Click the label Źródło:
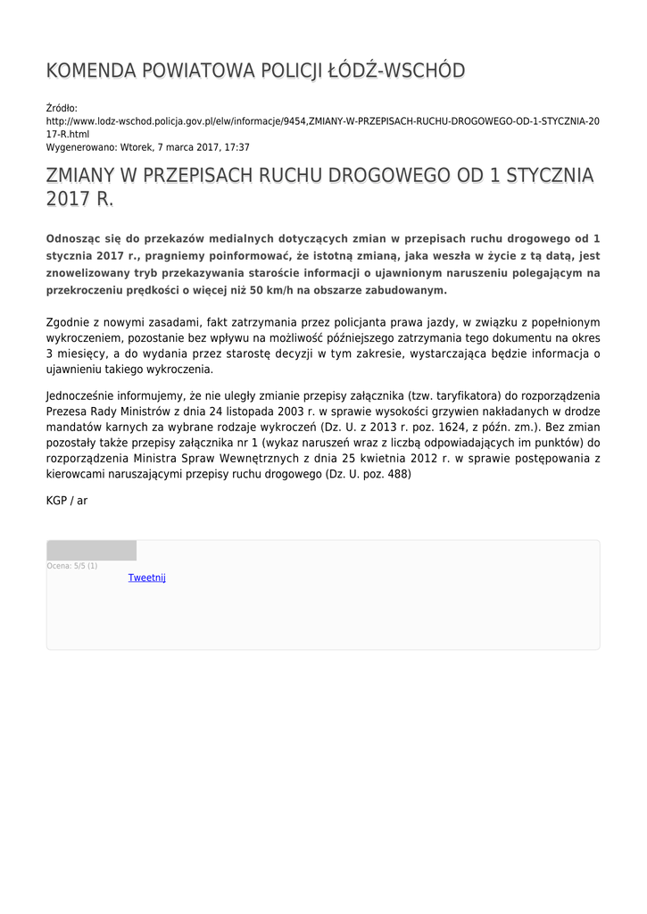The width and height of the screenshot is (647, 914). point(62,108)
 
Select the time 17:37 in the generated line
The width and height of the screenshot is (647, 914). point(236,147)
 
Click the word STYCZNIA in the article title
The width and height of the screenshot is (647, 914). point(538,175)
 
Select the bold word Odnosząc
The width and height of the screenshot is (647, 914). point(76,239)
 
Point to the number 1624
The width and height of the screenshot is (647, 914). point(477,428)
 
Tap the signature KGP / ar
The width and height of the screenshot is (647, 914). point(67,501)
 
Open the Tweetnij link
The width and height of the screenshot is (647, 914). point(147,577)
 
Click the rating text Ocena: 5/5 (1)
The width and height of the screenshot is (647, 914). point(72,566)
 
